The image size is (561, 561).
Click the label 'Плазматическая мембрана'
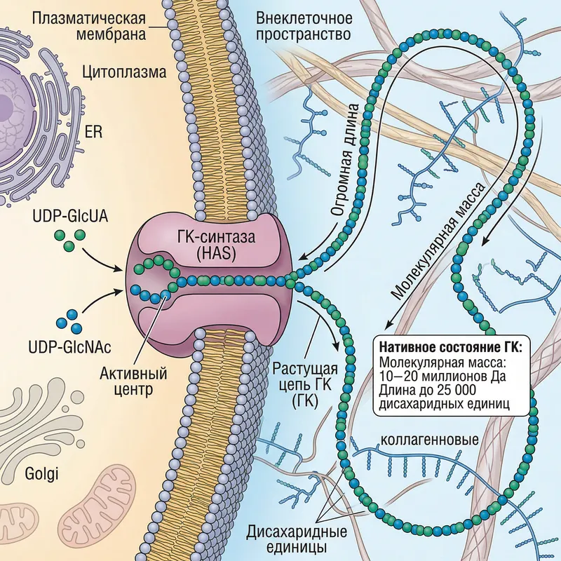(x=90, y=27)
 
